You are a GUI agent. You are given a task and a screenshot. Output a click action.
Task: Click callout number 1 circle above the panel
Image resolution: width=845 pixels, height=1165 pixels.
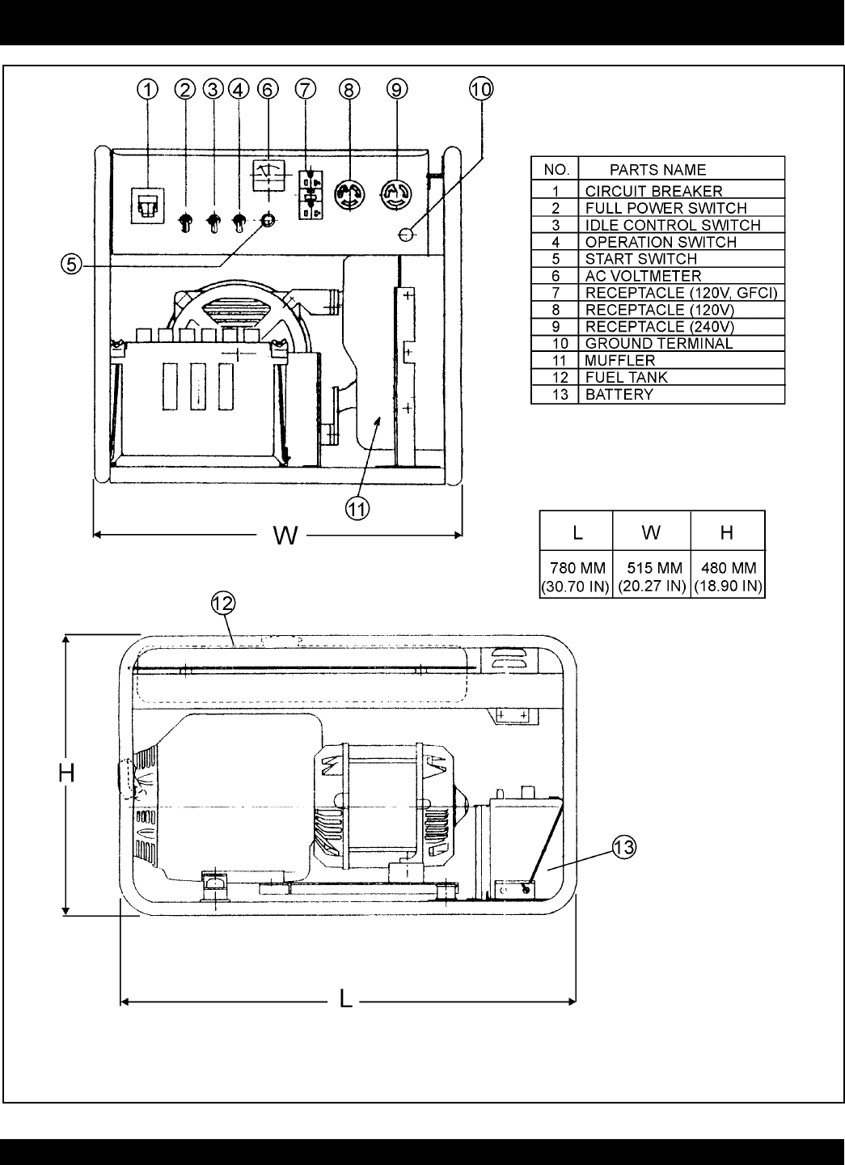coord(148,90)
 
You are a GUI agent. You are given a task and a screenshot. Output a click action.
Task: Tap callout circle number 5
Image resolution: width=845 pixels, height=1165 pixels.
coord(72,265)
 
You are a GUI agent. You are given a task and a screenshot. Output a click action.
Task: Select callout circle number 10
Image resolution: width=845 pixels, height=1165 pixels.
coord(481,89)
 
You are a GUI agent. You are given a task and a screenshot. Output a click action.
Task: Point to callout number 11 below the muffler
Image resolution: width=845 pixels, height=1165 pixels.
coord(357,509)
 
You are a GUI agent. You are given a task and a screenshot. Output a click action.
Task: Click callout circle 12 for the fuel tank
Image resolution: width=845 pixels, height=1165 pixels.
coord(223,604)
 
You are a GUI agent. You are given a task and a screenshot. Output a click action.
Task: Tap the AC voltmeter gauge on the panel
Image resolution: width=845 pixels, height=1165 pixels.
coord(268,176)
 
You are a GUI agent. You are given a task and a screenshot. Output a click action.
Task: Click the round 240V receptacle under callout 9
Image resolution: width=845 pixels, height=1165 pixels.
coord(396,195)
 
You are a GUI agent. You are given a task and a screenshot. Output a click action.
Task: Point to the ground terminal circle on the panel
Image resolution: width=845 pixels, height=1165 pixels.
coord(407,235)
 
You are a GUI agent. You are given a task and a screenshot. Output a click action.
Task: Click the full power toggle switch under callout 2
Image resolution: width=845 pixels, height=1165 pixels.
coord(185,222)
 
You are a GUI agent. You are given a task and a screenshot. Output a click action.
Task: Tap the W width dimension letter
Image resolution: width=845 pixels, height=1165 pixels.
coord(285,536)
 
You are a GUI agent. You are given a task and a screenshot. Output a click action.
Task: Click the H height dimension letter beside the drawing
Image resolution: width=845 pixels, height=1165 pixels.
coord(66,773)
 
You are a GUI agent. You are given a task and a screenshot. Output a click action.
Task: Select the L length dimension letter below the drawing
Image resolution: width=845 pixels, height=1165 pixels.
coord(345,999)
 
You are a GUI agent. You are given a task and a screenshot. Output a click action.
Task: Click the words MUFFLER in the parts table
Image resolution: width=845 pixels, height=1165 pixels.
coord(620,361)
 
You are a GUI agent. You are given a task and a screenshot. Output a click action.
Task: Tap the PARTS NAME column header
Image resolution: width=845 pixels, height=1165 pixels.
coord(657,170)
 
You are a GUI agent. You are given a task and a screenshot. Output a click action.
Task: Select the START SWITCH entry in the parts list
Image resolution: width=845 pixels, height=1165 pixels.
coord(640,259)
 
